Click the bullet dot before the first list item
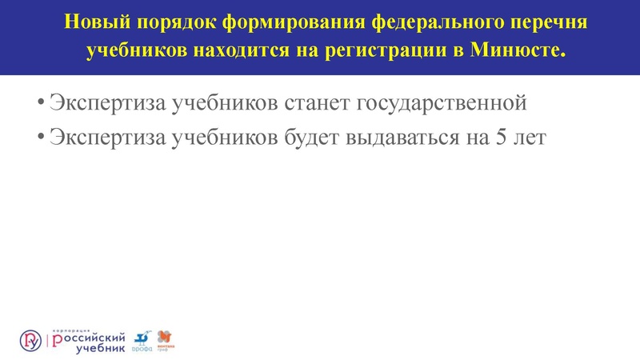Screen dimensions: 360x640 coord(40,104)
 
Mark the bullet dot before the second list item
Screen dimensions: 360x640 coord(40,138)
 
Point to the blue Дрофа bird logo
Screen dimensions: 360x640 coord(142,338)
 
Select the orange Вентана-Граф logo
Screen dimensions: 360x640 coord(165,338)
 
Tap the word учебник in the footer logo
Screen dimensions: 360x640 coord(100,348)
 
